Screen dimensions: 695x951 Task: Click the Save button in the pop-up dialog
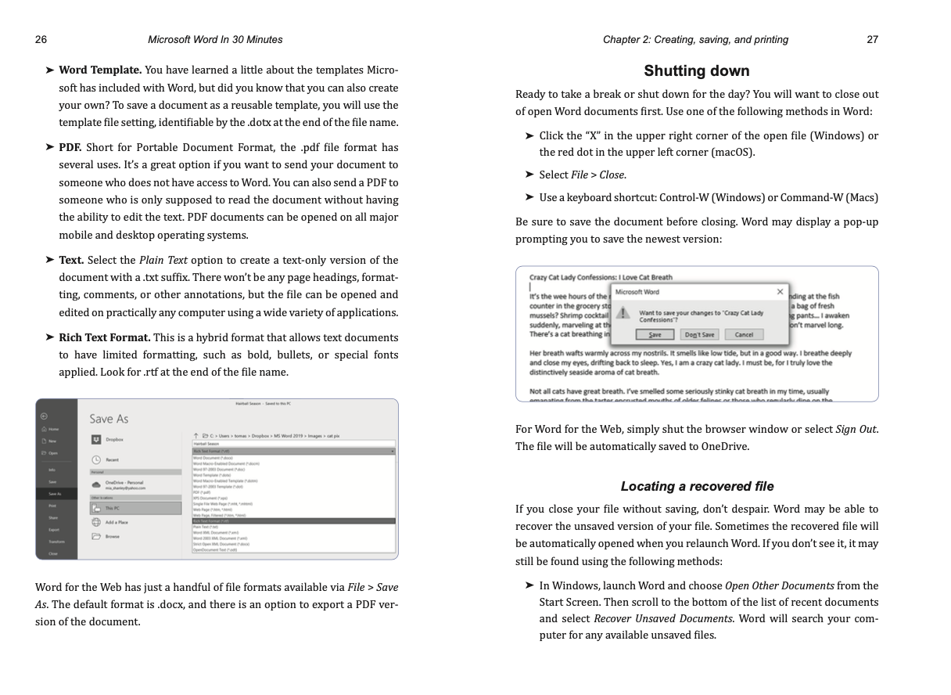655,334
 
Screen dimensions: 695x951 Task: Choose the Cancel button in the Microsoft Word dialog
744,334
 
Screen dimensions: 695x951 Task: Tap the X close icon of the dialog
780,292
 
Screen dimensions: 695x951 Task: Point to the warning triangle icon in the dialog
624,313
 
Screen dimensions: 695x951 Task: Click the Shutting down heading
696,71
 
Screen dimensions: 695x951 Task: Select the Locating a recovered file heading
697,486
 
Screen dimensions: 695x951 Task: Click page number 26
41,40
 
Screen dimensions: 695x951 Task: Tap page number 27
873,40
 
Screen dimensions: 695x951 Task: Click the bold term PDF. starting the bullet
70,147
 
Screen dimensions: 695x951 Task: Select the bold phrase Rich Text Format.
105,337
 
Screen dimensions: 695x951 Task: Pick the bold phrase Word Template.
100,70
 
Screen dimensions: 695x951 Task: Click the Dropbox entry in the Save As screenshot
114,440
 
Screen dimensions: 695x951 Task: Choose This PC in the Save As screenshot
113,508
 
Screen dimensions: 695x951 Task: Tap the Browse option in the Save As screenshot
113,536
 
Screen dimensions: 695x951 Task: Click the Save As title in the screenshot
108,419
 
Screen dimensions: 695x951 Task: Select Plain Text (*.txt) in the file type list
205,527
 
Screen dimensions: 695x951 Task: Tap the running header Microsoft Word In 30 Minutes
215,40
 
